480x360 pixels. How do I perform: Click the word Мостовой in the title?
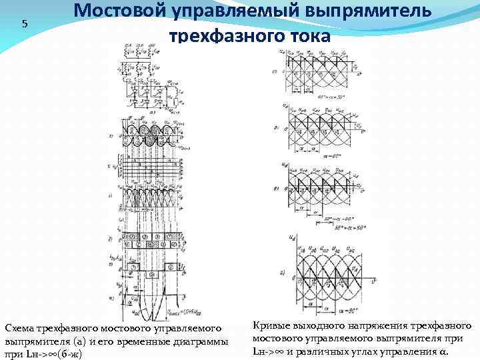113,11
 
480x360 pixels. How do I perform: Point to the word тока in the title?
307,35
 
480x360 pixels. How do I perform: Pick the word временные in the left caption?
152,341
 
